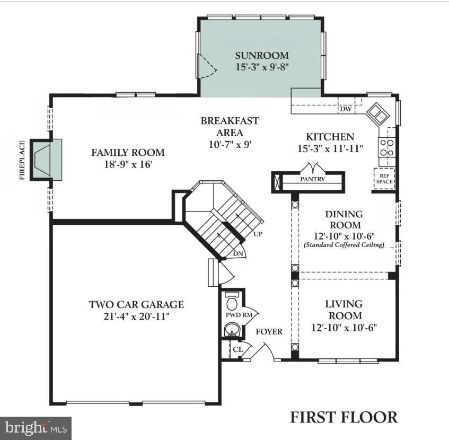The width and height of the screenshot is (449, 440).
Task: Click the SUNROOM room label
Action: (x=262, y=55)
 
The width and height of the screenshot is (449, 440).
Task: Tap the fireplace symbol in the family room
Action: (x=46, y=160)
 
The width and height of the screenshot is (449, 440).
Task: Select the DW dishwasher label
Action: (x=346, y=109)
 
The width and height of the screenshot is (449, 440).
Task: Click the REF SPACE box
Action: (x=384, y=178)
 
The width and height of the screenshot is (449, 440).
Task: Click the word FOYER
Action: (x=269, y=332)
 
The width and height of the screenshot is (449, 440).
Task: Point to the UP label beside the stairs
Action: (x=258, y=234)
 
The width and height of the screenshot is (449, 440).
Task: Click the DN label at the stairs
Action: (x=239, y=254)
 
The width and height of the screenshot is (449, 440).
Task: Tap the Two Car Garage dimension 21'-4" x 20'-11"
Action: (x=136, y=316)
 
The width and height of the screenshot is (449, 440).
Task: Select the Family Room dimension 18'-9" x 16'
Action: (x=128, y=164)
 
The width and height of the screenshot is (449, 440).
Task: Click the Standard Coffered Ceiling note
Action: (x=344, y=245)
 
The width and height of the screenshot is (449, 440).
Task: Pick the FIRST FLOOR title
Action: (x=344, y=417)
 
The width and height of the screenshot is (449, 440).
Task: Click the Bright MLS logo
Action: (x=36, y=427)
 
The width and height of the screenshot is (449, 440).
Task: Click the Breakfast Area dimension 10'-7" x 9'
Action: (x=230, y=145)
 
